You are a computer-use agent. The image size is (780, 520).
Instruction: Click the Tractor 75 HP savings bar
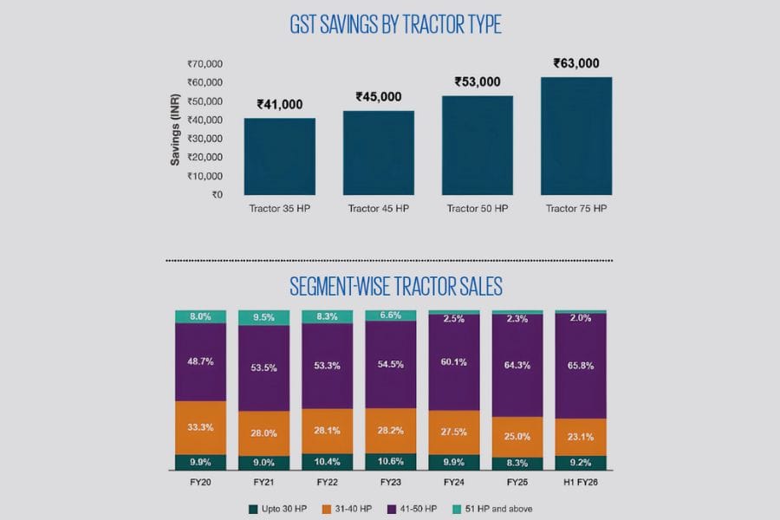[x=576, y=136]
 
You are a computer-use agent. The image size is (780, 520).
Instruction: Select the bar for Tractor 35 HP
[x=279, y=156]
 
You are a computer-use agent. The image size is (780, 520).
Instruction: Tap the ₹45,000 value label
[x=379, y=96]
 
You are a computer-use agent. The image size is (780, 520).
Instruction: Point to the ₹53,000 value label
[x=478, y=81]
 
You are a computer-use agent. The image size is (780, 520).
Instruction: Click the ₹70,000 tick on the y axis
[x=205, y=63]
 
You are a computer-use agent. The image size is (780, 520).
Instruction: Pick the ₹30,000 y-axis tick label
[x=205, y=139]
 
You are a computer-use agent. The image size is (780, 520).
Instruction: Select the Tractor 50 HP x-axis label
[x=477, y=209]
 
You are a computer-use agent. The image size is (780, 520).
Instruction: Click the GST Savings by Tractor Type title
[x=395, y=25]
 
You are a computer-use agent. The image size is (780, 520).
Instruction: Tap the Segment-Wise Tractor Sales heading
[x=395, y=285]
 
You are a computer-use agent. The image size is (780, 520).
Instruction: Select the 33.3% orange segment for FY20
[x=201, y=427]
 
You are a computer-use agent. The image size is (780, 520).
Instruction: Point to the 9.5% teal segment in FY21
[x=264, y=317]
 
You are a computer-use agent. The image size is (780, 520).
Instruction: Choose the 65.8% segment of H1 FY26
[x=582, y=366]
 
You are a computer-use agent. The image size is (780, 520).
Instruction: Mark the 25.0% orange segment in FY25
[x=517, y=436]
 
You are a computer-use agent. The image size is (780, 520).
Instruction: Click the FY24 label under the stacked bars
[x=454, y=480]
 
